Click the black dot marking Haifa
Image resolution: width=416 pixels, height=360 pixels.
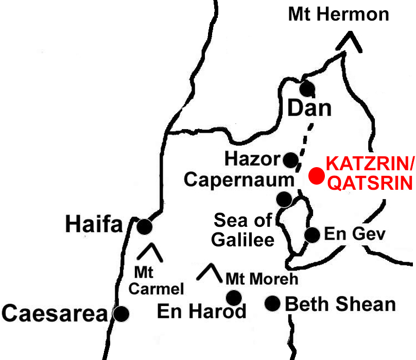(x=145, y=226)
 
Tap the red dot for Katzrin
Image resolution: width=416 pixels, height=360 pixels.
(x=316, y=176)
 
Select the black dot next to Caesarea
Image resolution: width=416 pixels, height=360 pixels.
(x=121, y=313)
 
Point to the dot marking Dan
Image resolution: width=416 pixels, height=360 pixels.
(x=307, y=88)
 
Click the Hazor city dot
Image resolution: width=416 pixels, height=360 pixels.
(x=290, y=159)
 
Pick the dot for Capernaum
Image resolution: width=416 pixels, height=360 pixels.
(x=284, y=199)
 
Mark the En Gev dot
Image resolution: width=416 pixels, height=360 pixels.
(x=312, y=235)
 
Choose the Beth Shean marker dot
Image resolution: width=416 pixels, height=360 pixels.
(x=272, y=303)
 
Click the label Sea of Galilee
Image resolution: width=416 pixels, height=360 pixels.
(x=244, y=230)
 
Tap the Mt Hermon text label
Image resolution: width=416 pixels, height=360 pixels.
(x=338, y=14)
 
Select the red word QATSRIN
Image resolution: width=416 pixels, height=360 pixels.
(x=369, y=183)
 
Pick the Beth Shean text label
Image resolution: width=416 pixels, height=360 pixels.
(x=340, y=304)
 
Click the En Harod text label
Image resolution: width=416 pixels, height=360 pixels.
(x=201, y=312)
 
